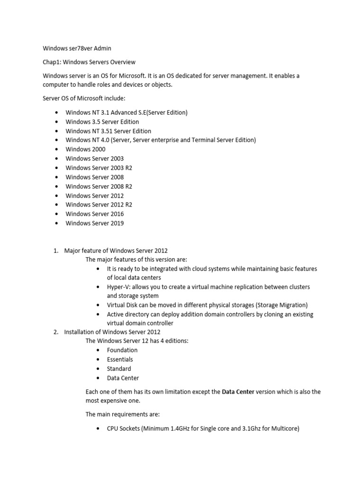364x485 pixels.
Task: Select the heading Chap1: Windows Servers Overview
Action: [x=89, y=62]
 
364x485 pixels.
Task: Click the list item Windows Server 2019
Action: [x=94, y=223]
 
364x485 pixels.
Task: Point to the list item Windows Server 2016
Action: [x=94, y=214]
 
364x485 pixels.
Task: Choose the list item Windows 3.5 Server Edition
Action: [x=102, y=122]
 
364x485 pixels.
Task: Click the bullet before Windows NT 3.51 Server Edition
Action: [x=57, y=131]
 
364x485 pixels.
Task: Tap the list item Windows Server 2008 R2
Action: [x=99, y=186]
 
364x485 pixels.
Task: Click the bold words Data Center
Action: [x=238, y=392]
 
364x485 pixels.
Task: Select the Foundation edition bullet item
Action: [x=122, y=350]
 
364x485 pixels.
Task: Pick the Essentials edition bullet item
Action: [x=120, y=359]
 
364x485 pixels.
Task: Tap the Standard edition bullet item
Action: [x=119, y=368]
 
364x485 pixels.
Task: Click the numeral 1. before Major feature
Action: [x=55, y=251]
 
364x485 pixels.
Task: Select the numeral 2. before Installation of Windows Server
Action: [x=55, y=332]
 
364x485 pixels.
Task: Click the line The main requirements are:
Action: [x=122, y=414]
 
